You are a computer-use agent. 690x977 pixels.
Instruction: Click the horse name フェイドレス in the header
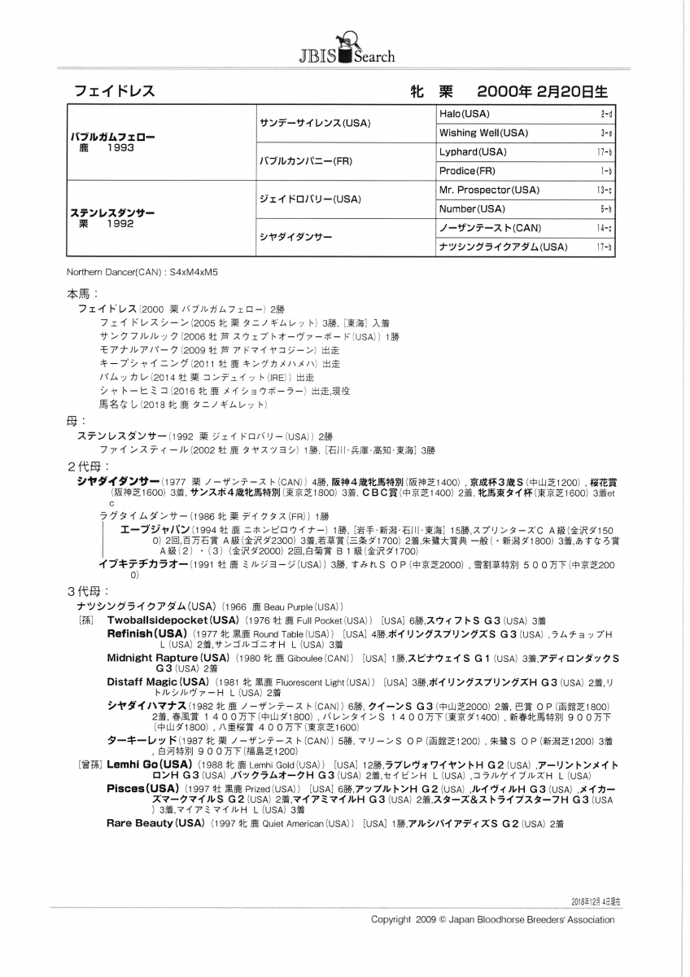tap(114, 91)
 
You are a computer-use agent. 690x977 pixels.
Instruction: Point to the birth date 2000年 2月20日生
tap(542, 91)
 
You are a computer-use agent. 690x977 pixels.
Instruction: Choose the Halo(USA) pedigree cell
tap(464, 114)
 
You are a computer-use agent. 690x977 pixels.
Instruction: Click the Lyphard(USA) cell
tap(472, 152)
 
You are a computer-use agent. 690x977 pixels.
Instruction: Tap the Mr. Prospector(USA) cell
tap(488, 190)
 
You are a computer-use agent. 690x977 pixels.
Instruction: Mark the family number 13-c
tap(604, 191)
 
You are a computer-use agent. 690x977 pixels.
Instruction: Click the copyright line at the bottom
tap(492, 919)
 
